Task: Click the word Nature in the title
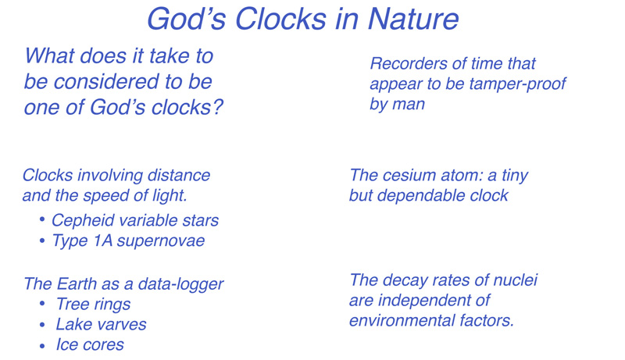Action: (413, 18)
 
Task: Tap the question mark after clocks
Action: (217, 107)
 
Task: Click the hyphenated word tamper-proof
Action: (517, 84)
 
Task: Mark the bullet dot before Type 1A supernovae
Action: (42, 241)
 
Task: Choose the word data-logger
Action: (180, 284)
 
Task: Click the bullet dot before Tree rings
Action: (42, 305)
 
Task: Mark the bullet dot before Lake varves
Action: (42, 325)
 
